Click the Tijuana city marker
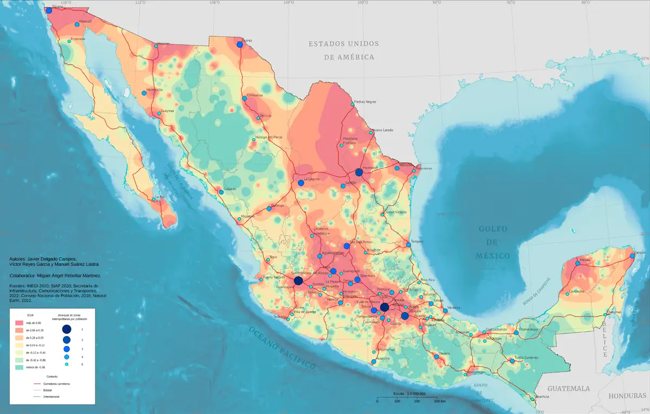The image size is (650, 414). click(49, 10)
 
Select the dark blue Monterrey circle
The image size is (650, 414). click(359, 172)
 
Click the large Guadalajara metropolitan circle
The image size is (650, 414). click(298, 281)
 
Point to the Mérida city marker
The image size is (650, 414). click(577, 264)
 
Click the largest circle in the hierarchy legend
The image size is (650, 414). click(66, 329)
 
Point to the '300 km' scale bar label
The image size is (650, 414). click(439, 401)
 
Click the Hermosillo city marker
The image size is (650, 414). click(144, 93)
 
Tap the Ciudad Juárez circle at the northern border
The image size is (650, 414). click(239, 44)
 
